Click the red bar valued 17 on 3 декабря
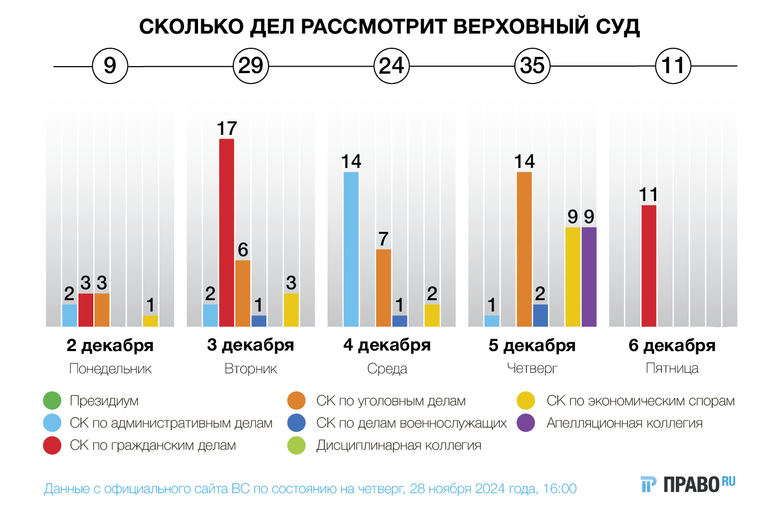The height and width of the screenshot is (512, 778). click(227, 233)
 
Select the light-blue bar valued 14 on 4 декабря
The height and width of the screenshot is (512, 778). click(351, 249)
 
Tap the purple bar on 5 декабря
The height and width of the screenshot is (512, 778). click(589, 277)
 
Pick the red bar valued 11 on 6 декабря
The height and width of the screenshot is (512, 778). click(649, 266)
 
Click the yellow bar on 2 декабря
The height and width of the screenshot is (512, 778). click(150, 321)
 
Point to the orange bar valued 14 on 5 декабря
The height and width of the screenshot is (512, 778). click(524, 249)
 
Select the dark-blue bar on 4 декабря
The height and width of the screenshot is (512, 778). click(400, 321)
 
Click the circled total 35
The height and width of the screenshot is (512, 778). click(532, 66)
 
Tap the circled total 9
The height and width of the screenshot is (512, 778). click(110, 66)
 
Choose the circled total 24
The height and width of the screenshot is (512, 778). click(392, 66)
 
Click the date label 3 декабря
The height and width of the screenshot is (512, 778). click(251, 345)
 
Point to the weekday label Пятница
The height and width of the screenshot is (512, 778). click(672, 368)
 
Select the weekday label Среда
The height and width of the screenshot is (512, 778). click(387, 368)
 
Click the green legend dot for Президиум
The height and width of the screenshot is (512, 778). click(52, 401)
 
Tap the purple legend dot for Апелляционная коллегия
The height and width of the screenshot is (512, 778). click(526, 423)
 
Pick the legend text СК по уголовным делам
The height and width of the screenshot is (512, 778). click(391, 401)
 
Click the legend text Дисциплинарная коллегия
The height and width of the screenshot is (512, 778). click(399, 445)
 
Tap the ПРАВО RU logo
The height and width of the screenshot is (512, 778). click(688, 484)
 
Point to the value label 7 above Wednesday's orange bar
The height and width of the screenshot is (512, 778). click(384, 239)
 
